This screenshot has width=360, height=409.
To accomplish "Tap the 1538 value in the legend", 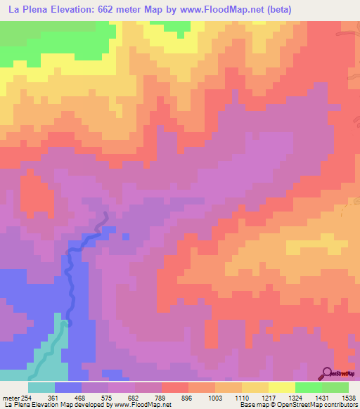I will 348,397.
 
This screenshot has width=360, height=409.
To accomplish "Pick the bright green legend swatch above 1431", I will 308,387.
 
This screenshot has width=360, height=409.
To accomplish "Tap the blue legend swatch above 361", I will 67,387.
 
